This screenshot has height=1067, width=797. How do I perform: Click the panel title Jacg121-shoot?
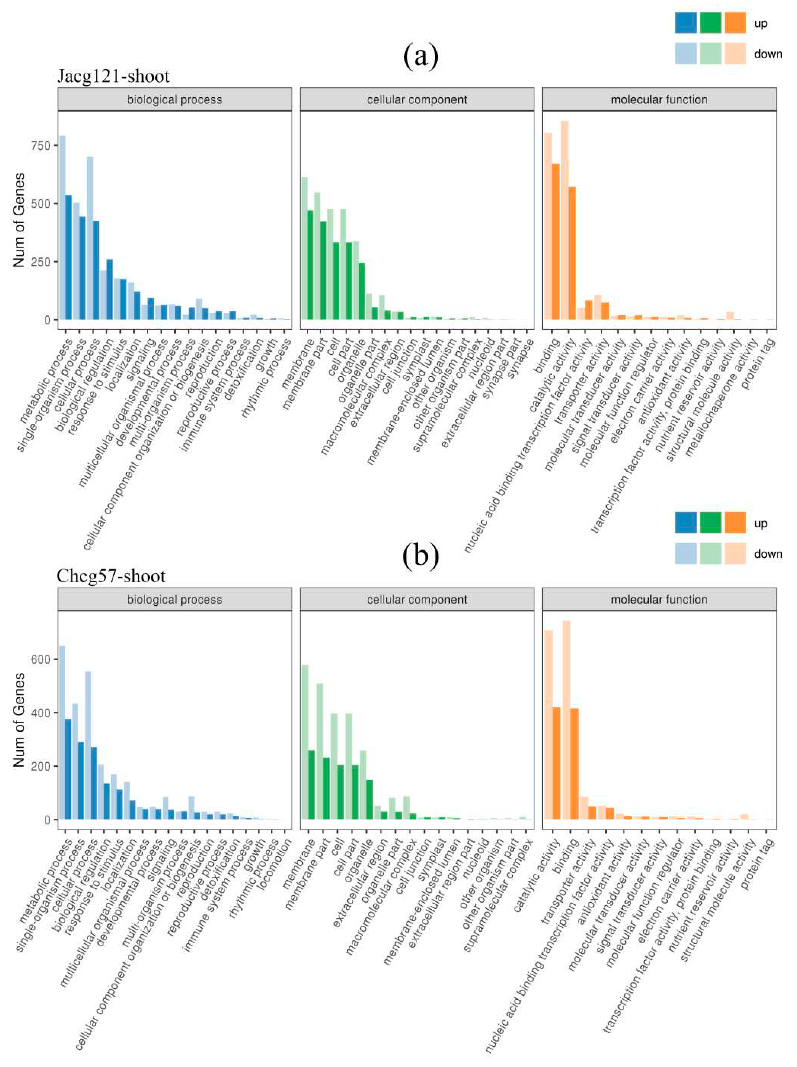[113, 76]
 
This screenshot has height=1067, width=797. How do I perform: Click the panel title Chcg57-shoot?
[111, 576]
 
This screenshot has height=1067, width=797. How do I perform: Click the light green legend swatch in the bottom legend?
[710, 553]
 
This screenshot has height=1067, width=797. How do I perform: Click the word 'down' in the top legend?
[768, 54]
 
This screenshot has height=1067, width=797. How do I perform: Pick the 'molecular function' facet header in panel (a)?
[659, 100]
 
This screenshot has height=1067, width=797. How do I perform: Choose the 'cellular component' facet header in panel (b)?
[417, 600]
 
